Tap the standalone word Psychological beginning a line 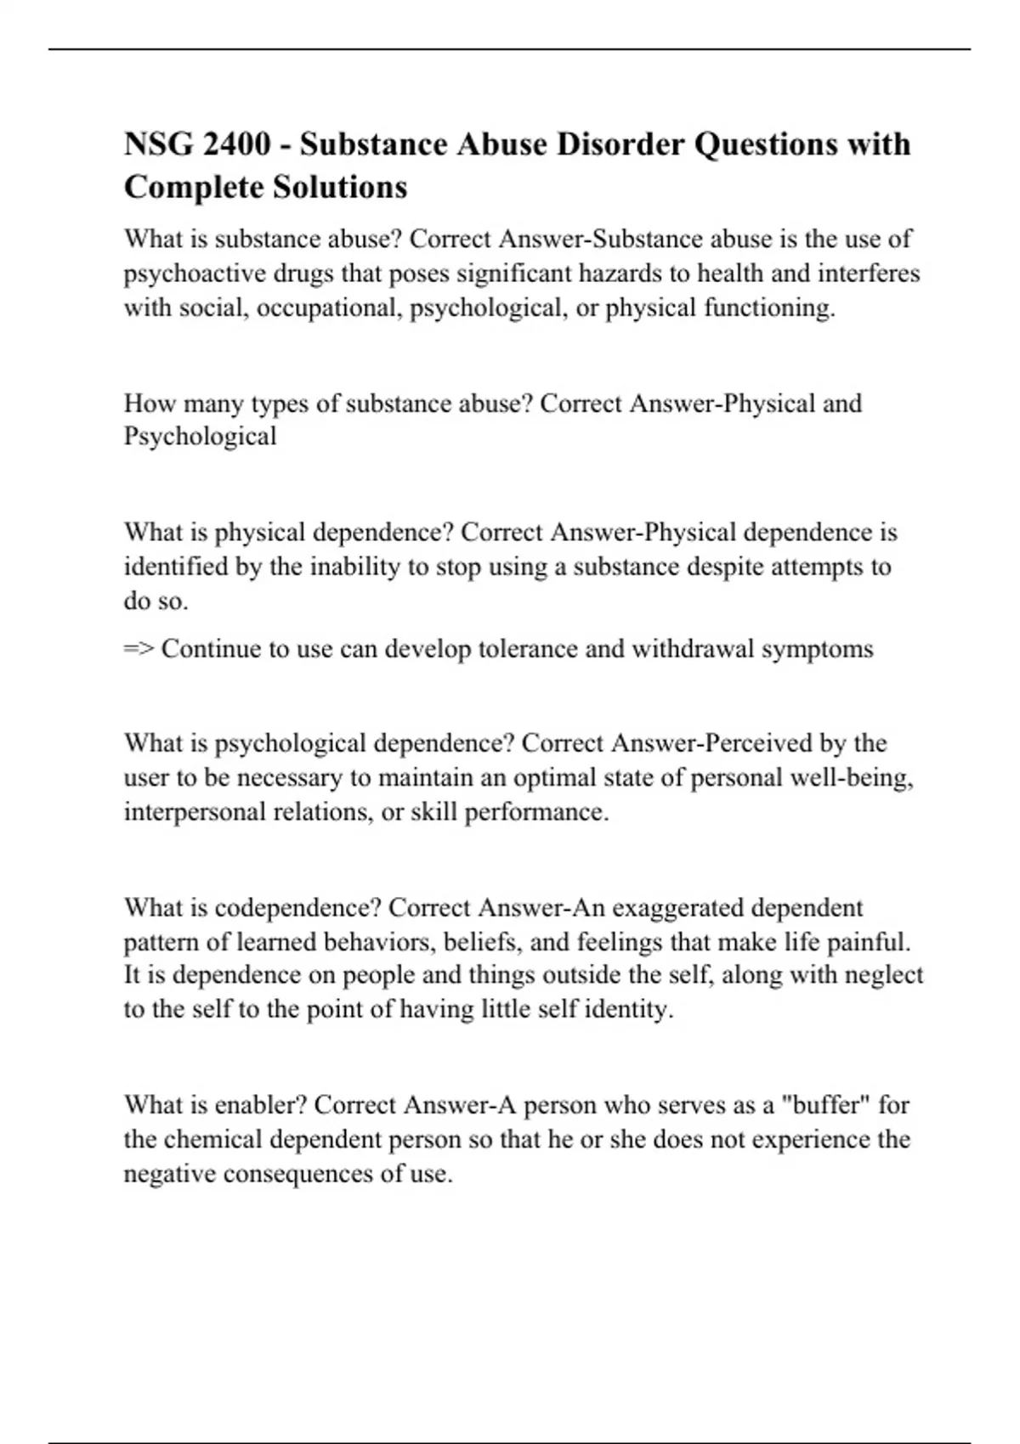(201, 437)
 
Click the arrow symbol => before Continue (139, 649)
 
